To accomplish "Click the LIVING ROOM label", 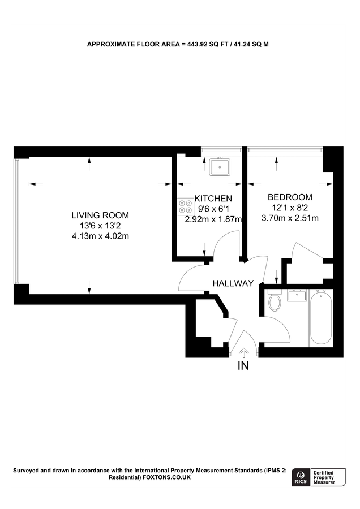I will tap(100, 215).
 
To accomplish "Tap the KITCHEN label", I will tap(213, 199).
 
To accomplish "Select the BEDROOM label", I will tap(289, 197).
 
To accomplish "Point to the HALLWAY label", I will tap(233, 283).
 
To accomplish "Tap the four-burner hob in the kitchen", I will tap(185, 206).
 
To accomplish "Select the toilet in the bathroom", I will tap(275, 302).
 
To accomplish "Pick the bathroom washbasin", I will tap(297, 295).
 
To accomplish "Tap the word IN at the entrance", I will tap(243, 366).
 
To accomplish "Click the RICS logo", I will tap(301, 478).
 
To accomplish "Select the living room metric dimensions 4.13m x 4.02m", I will tap(100, 236).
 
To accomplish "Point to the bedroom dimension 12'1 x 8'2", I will tap(289, 208).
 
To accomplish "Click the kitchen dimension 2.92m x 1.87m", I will tap(213, 219).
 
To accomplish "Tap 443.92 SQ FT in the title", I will tap(206, 44).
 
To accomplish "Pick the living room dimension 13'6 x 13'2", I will tap(100, 226).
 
